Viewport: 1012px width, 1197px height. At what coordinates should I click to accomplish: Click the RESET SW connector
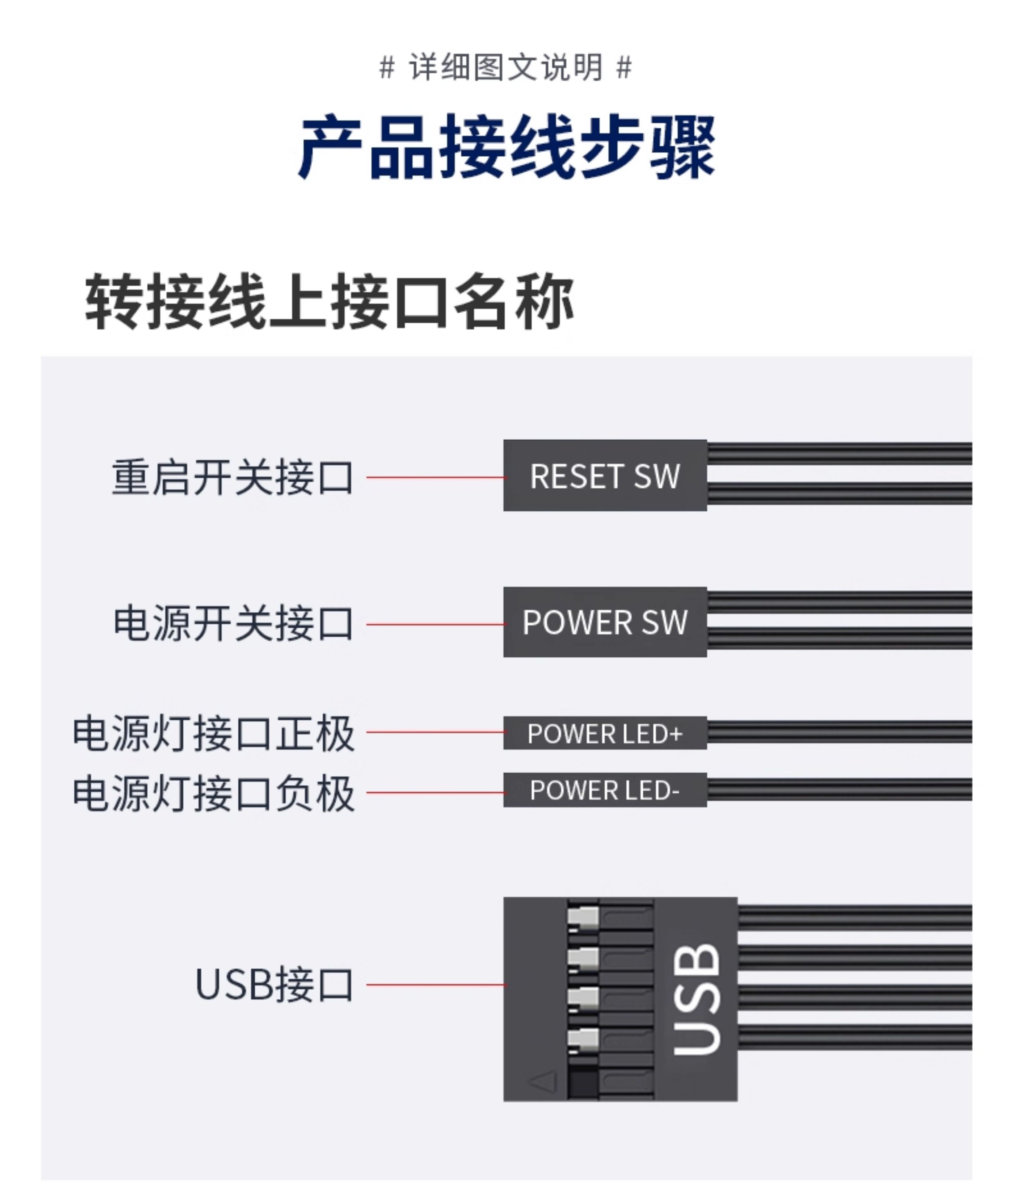coord(605,476)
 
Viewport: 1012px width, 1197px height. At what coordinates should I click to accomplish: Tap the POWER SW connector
coord(605,622)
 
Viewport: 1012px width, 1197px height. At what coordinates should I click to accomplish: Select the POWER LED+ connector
coord(605,733)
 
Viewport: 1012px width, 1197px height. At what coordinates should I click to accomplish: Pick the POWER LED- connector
coord(605,790)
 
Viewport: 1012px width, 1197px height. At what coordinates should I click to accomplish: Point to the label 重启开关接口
coord(232,477)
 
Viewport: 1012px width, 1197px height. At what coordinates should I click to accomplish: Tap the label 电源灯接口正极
coord(213,733)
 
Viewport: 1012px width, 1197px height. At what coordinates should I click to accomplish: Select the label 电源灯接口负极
coord(213,794)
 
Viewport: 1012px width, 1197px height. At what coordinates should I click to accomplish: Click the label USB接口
coord(274,985)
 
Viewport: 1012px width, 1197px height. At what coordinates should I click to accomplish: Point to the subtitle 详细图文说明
coord(506,67)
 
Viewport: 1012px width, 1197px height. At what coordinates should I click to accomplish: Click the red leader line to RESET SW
coord(435,477)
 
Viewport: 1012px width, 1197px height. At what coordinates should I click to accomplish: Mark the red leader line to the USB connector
coord(435,985)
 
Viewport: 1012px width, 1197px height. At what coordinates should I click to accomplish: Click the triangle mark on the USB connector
coord(542,1081)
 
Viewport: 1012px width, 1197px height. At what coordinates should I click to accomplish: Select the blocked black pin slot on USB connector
coord(583,1082)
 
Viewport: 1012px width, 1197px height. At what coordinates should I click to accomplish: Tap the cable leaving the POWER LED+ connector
coord(839,732)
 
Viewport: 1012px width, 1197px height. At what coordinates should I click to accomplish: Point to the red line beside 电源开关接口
coord(435,624)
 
